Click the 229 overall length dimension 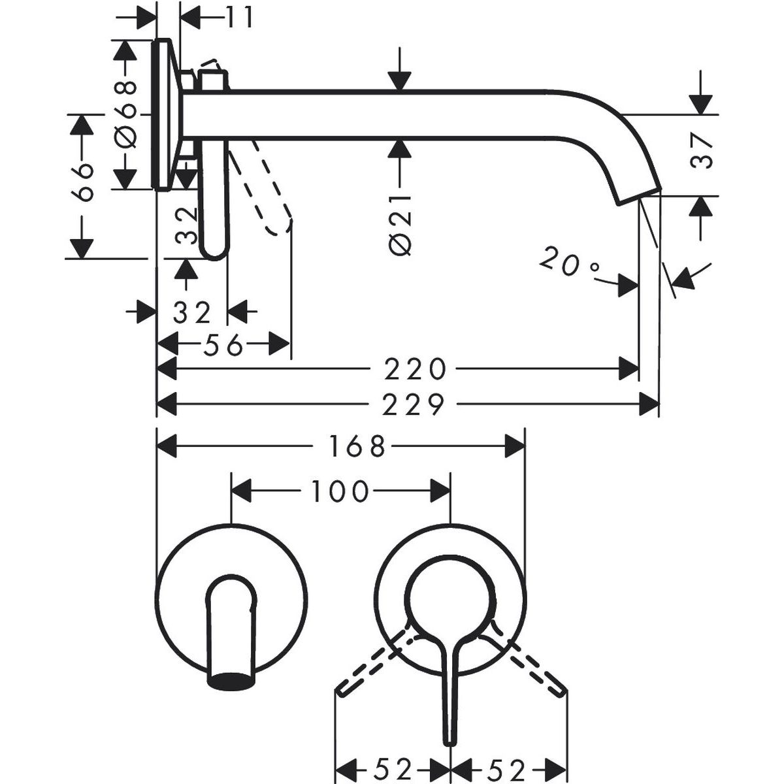coord(413,405)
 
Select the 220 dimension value coord(414,370)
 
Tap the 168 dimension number coord(356,448)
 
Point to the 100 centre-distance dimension coord(338,491)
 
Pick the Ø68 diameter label coord(125,113)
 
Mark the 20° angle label coord(569,263)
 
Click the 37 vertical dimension coord(700,152)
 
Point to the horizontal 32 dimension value coord(192,312)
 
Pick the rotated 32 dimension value coord(186,226)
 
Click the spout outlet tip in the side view coord(638,195)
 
